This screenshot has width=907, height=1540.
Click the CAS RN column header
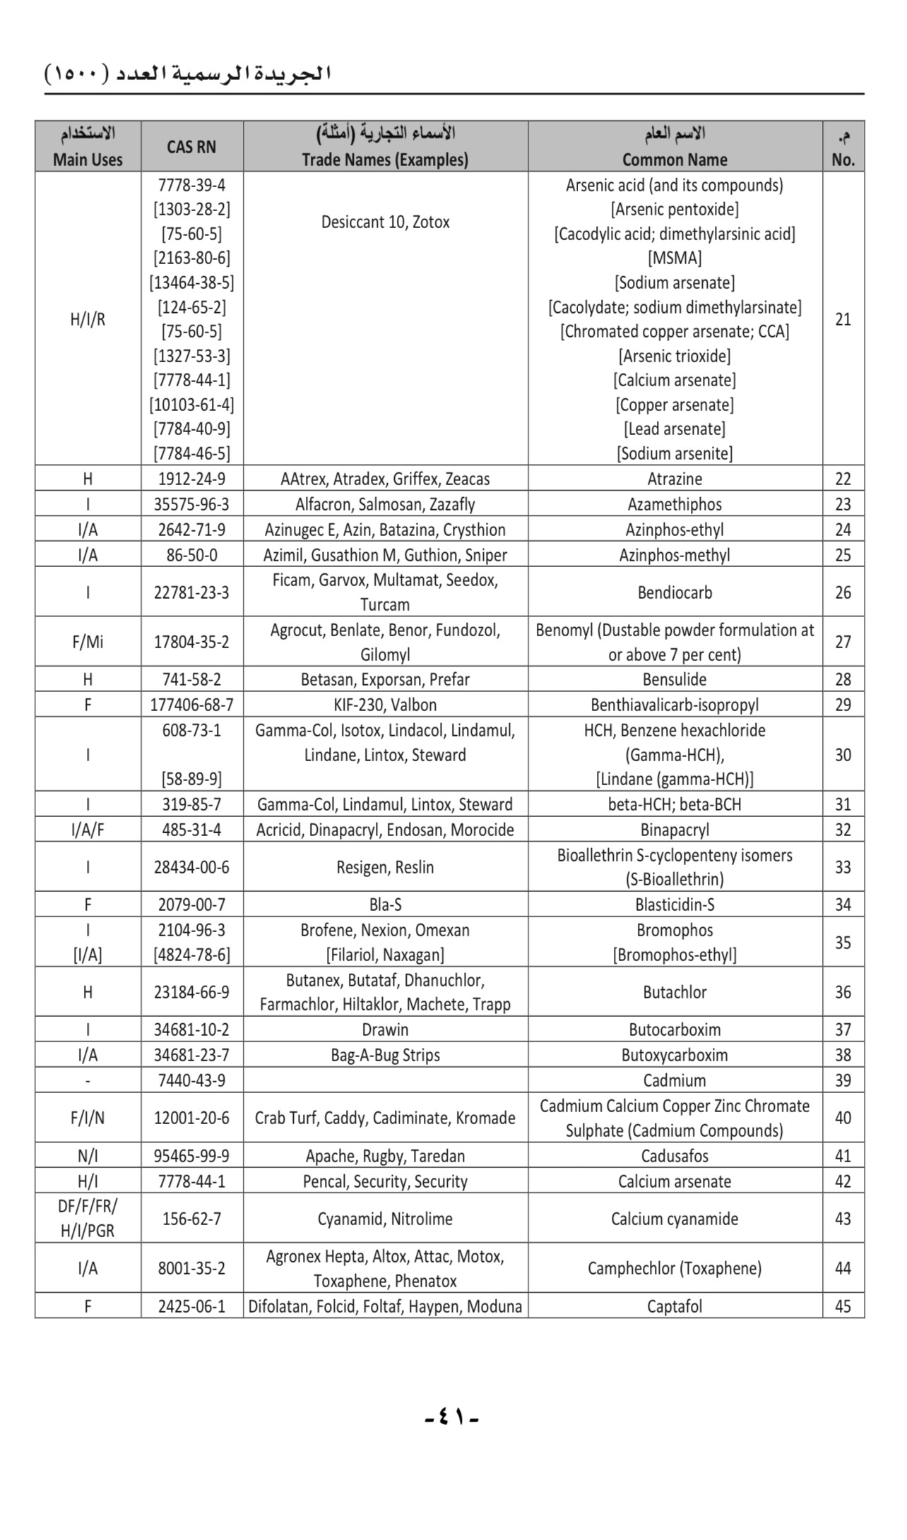click(191, 147)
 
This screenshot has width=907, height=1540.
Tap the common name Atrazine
click(675, 479)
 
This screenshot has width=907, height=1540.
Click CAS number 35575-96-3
click(191, 504)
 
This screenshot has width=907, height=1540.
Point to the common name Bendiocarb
click(675, 592)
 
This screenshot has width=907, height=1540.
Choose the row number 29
click(843, 705)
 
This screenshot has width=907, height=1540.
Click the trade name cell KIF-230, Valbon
click(385, 705)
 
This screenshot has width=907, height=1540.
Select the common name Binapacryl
click(675, 830)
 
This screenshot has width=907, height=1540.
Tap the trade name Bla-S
click(385, 905)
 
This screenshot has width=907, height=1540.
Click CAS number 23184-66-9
click(191, 992)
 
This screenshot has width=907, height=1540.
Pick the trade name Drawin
click(385, 1029)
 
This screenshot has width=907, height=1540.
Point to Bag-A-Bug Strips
click(385, 1055)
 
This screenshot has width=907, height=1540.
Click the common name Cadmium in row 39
click(675, 1080)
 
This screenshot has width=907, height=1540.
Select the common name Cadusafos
click(675, 1156)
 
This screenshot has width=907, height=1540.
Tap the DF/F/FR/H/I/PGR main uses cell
click(88, 1219)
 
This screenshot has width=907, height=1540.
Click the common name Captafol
click(675, 1306)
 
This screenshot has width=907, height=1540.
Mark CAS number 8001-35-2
click(191, 1268)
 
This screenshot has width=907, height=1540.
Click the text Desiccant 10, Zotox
click(385, 222)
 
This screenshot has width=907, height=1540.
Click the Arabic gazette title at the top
click(188, 73)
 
